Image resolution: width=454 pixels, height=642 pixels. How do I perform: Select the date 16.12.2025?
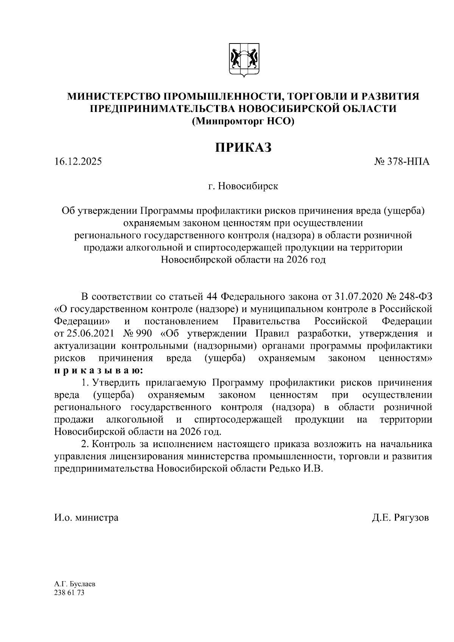click(x=78, y=162)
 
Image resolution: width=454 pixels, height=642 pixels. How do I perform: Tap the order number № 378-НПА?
click(x=402, y=162)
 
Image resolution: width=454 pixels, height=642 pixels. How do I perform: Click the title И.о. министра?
click(x=87, y=517)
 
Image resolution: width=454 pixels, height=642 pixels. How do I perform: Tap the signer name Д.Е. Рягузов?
click(x=400, y=517)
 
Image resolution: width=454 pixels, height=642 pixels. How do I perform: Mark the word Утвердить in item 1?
click(x=117, y=383)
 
